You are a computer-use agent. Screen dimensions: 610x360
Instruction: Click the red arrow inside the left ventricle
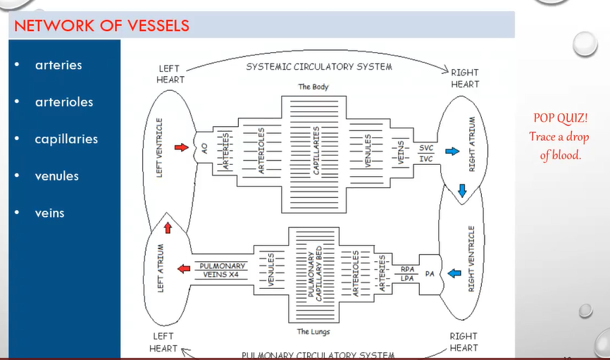[181, 147]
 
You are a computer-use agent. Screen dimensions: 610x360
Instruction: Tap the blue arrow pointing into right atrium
[452, 151]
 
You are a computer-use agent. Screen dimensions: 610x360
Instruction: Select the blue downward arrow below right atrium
[462, 191]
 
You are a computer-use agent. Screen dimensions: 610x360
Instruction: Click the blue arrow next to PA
[454, 273]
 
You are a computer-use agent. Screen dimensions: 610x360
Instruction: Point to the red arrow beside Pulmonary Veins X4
[184, 268]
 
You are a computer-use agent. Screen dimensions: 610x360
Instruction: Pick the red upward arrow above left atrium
[168, 228]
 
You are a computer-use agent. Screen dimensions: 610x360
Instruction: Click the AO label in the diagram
[205, 148]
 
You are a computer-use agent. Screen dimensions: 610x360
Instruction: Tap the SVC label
[426, 148]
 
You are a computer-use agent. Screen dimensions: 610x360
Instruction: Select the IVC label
[426, 159]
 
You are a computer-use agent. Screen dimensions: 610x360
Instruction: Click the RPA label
[407, 269]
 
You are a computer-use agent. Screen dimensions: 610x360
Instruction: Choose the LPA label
[407, 279]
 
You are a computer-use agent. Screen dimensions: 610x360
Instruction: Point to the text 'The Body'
[313, 87]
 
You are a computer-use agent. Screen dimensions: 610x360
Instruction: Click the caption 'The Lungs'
[313, 332]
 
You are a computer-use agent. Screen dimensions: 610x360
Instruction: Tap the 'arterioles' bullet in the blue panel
[64, 102]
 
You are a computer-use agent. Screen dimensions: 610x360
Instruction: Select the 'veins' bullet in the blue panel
[49, 213]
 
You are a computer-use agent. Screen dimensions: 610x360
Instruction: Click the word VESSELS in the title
[158, 25]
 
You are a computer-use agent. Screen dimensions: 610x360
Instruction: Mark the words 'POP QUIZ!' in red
[560, 118]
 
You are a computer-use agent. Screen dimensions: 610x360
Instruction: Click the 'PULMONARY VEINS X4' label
[222, 270]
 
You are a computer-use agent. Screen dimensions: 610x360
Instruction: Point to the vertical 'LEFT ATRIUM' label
[161, 268]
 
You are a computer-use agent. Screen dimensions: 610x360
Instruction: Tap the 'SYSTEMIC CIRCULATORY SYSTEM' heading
[319, 67]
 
